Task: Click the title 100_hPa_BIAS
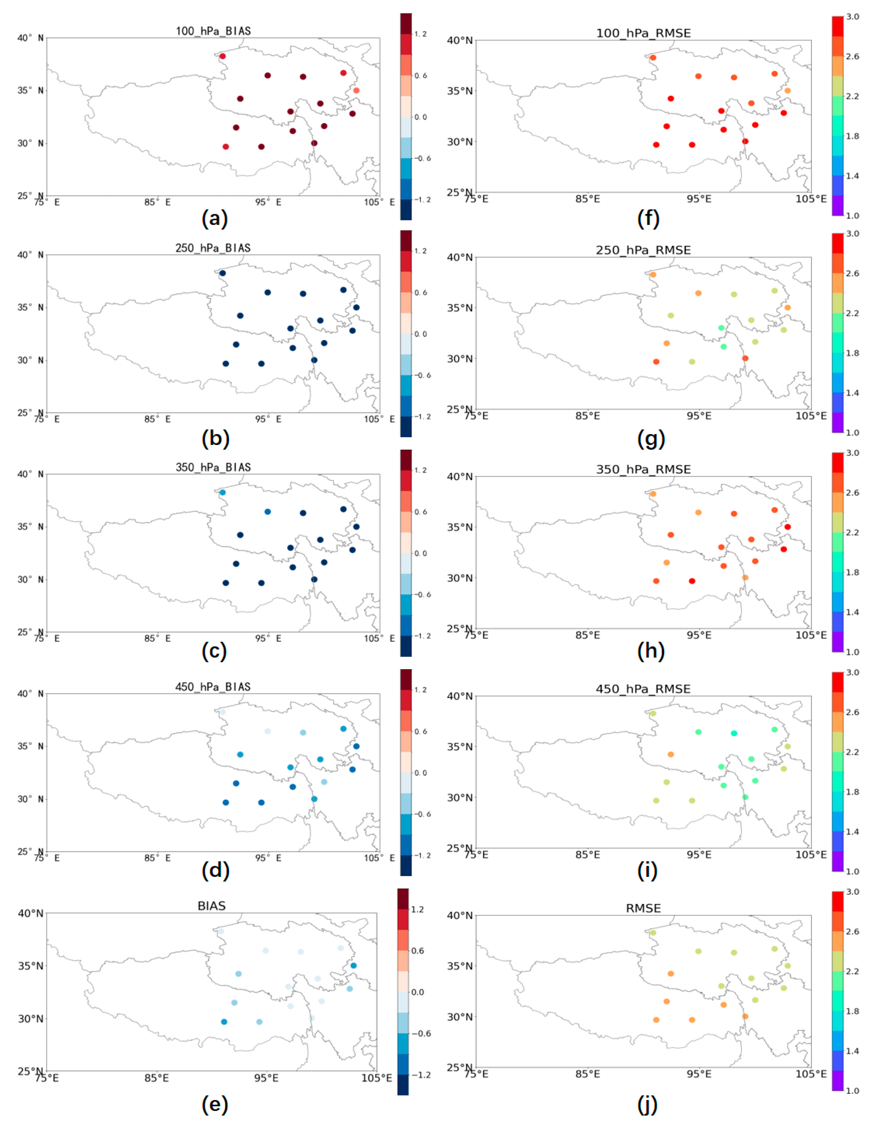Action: [x=213, y=31]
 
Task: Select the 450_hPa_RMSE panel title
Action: [x=643, y=689]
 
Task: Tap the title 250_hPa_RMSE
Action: [x=643, y=250]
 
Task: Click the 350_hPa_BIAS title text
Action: [x=213, y=467]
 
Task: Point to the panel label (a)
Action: [x=215, y=219]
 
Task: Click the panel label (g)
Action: [x=651, y=439]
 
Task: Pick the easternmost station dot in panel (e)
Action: [x=354, y=965]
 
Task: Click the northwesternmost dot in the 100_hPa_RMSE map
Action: [x=653, y=58]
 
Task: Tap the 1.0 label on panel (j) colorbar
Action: [x=853, y=1090]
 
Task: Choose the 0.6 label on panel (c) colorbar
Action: [x=421, y=512]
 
